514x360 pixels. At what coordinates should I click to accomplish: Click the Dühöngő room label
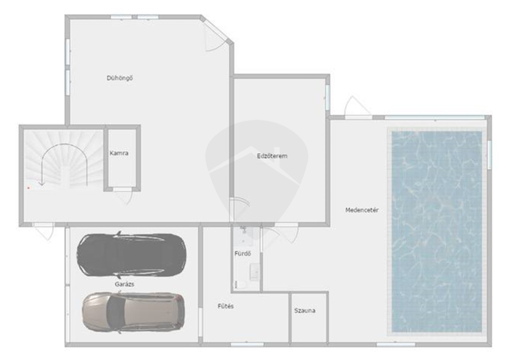[120, 78]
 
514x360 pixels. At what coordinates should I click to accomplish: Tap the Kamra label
[119, 153]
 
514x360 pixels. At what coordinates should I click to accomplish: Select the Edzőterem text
[272, 156]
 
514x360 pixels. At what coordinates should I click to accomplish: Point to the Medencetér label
[362, 210]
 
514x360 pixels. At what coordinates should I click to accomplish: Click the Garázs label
[125, 284]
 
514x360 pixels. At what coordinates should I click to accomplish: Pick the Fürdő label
[243, 253]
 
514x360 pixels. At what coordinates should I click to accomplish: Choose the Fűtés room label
[226, 306]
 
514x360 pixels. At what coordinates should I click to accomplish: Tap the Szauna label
[305, 310]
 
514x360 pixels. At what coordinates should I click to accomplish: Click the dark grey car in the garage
[132, 255]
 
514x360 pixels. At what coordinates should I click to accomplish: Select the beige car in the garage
[134, 312]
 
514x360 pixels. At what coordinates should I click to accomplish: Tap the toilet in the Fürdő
[241, 285]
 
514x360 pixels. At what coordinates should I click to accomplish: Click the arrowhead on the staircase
[42, 183]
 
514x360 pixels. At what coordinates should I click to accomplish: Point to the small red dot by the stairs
[28, 188]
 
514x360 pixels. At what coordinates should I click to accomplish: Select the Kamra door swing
[124, 197]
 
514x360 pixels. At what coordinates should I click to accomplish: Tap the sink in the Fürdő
[255, 272]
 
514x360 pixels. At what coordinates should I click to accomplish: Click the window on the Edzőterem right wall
[328, 97]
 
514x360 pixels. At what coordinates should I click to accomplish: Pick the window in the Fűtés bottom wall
[247, 345]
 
